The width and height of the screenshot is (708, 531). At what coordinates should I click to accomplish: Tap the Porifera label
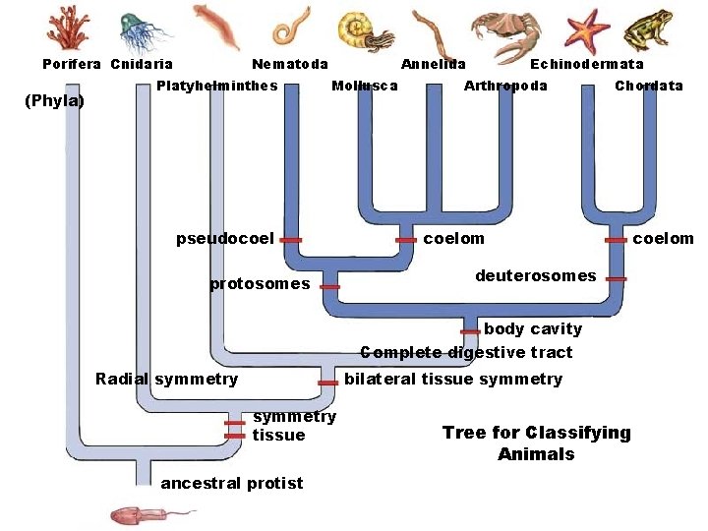pyautogui.click(x=72, y=64)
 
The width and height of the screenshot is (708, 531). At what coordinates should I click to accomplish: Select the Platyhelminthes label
pyautogui.click(x=217, y=86)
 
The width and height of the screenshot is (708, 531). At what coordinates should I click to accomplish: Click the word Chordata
pyautogui.click(x=648, y=86)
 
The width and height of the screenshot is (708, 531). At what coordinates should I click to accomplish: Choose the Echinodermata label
pyautogui.click(x=587, y=64)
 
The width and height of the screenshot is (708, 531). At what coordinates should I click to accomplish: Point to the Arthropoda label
pyautogui.click(x=505, y=86)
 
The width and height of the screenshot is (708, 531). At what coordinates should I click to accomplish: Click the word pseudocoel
pyautogui.click(x=224, y=238)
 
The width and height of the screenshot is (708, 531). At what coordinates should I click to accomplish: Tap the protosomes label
pyautogui.click(x=260, y=284)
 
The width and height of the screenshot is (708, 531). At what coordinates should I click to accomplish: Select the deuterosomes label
pyautogui.click(x=535, y=276)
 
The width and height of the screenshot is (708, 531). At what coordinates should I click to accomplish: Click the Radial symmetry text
pyautogui.click(x=166, y=379)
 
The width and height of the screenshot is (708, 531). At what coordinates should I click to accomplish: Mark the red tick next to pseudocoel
pyautogui.click(x=290, y=239)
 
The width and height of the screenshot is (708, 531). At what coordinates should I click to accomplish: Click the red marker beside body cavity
pyautogui.click(x=470, y=331)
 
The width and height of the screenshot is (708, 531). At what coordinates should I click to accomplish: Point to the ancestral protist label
pyautogui.click(x=232, y=483)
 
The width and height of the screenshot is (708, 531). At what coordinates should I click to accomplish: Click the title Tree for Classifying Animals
pyautogui.click(x=536, y=443)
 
